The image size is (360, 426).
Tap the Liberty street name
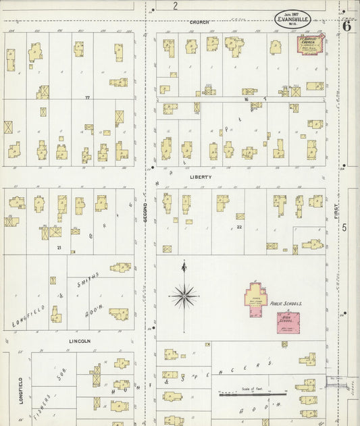click(201, 177)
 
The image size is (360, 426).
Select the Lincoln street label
click(80, 342)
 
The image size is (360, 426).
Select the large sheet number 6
click(346, 26)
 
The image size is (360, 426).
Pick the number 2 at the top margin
click(175, 6)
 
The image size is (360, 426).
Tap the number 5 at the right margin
click(344, 228)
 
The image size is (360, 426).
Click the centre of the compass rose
click(184, 295)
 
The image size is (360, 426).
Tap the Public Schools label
click(287, 304)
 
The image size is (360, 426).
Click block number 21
click(59, 248)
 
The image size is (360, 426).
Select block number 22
click(240, 227)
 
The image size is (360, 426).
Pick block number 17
click(86, 98)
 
